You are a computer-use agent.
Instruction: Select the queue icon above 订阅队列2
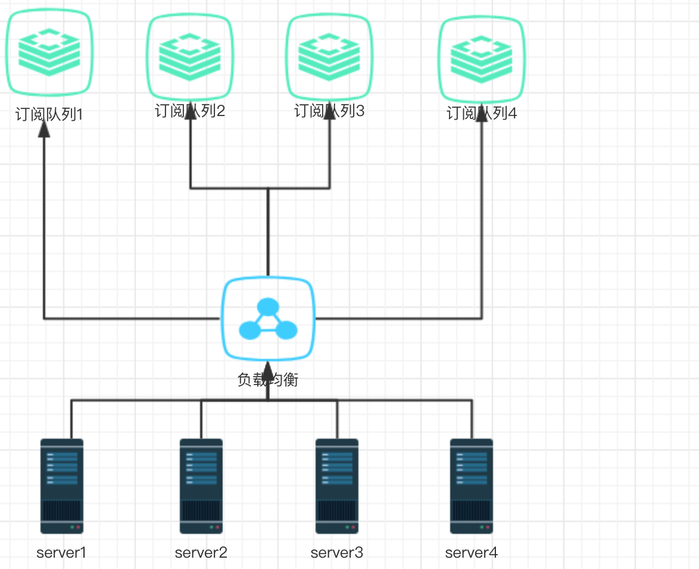pos(190,57)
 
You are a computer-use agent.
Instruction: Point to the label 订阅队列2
pos(190,111)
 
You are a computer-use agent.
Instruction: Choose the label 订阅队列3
pos(329,111)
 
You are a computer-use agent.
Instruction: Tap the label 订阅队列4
pos(482,113)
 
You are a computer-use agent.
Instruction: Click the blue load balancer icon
pos(268,318)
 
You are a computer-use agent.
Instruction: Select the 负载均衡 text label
pos(268,380)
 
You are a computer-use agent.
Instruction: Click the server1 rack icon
pos(62,486)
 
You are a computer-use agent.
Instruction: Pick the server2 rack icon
pos(201,486)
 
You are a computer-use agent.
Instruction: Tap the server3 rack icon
pos(337,486)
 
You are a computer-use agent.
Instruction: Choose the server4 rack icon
pos(472,486)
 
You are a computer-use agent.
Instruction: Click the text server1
pos(62,552)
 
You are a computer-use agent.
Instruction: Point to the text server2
pos(201,552)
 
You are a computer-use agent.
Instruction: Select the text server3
pos(337,552)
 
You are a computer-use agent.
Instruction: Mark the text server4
pos(472,552)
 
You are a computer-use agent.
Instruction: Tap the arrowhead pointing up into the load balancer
pos(268,373)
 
